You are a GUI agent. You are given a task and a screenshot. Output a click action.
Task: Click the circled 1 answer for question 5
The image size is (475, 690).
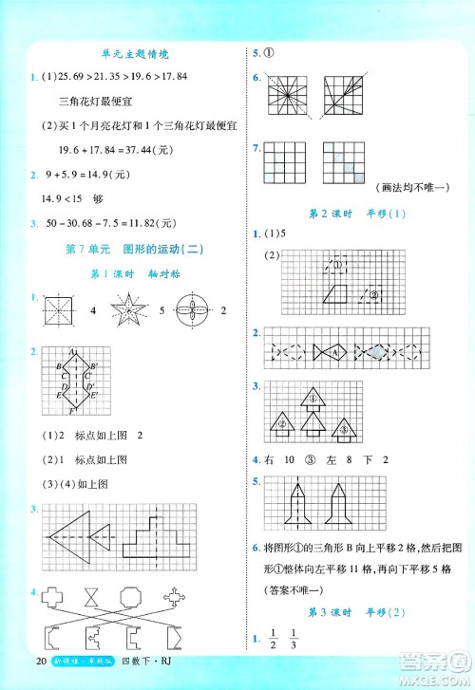[x=269, y=54]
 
